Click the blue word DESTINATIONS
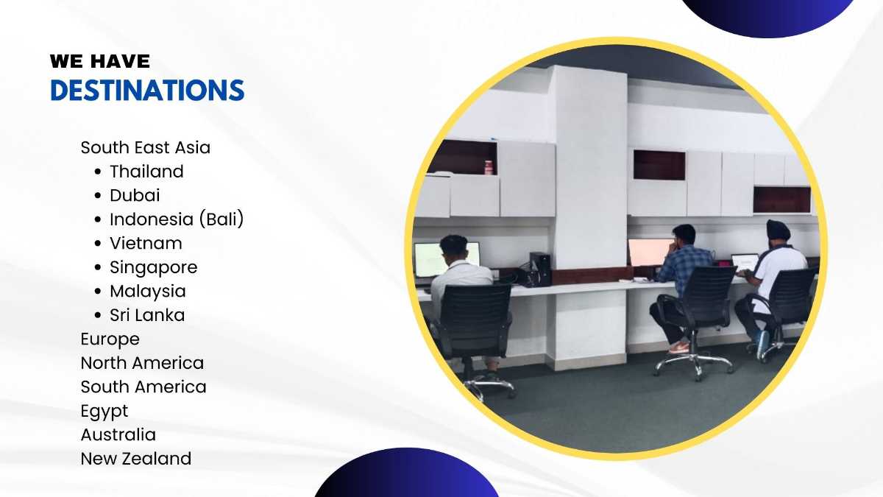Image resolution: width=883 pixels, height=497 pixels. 147,90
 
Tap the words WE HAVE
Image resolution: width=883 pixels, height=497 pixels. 100,61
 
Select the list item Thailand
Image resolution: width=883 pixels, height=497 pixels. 146,171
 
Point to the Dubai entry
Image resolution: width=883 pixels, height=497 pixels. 135,195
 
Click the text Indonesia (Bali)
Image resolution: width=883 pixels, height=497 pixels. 177,219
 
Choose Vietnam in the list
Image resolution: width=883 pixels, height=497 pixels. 146,243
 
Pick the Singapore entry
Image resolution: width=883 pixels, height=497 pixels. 153,268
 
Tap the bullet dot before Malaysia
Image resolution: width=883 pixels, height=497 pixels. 98,292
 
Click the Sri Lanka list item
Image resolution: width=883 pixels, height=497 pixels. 147,315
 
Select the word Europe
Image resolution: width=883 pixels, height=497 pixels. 110,339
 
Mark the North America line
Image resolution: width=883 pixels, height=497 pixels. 142,363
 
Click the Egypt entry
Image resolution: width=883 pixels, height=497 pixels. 104,412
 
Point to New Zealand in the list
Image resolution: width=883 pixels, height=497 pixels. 136,459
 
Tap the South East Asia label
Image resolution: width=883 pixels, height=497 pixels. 146,147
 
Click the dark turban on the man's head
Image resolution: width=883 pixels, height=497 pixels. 779,230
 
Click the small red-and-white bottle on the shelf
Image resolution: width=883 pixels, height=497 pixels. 489,167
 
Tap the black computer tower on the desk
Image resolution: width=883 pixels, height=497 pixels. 540,269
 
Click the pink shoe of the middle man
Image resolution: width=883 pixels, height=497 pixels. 678,348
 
